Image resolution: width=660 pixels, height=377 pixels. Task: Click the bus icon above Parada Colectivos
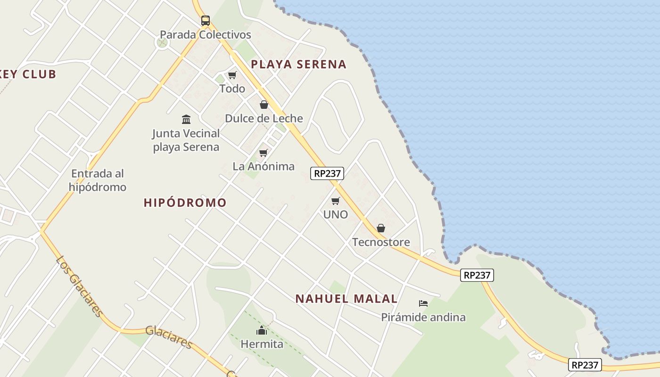click(x=205, y=20)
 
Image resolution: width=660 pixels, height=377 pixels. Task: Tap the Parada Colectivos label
click(x=205, y=34)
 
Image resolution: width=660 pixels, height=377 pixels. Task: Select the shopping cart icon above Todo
click(x=232, y=75)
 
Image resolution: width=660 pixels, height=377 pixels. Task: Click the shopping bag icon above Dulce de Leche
click(x=264, y=105)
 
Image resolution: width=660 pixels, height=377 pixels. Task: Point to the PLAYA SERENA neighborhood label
click(x=298, y=65)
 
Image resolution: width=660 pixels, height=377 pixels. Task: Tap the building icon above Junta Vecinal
click(x=186, y=119)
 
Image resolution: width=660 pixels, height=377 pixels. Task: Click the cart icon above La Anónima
click(x=264, y=153)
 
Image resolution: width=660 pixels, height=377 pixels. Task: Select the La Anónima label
click(x=264, y=166)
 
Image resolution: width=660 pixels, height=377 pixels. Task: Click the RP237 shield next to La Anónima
click(x=327, y=173)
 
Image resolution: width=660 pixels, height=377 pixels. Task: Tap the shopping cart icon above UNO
click(x=336, y=201)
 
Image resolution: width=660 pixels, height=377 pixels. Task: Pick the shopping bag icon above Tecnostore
click(x=381, y=229)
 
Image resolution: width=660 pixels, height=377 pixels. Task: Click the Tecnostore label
click(x=381, y=242)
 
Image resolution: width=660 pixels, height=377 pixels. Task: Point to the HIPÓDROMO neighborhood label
click(x=185, y=203)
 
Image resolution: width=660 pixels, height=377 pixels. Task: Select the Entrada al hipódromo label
click(x=98, y=180)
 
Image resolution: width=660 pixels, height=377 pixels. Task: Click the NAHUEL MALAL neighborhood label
click(x=346, y=299)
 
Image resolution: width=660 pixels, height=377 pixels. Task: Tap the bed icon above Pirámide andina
click(x=423, y=303)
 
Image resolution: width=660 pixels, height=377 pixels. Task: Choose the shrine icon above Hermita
click(x=262, y=330)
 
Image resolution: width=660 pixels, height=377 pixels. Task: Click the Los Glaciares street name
click(x=79, y=286)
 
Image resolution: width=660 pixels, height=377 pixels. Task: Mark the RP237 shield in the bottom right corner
click(x=585, y=364)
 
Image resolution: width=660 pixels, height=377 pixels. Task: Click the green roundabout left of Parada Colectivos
click(x=162, y=43)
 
